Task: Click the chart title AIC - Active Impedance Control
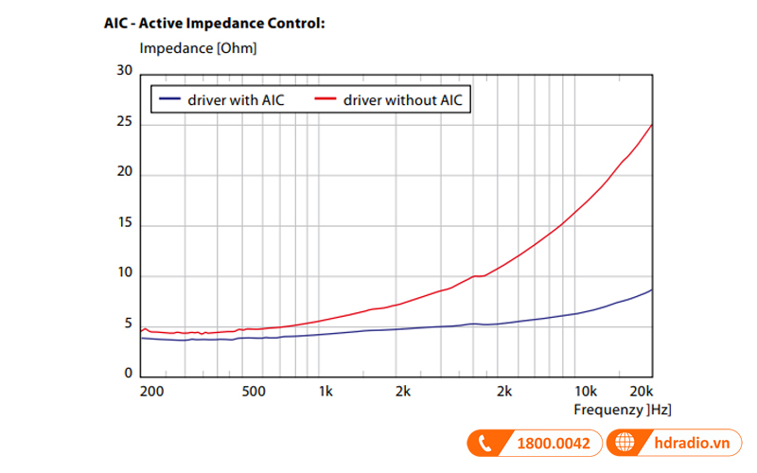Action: [x=214, y=23]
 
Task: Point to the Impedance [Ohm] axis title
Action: [x=198, y=47]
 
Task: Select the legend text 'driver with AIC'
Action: [x=236, y=99]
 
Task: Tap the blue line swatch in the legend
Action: [x=170, y=99]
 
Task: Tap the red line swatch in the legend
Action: [x=326, y=99]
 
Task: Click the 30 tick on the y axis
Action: [x=124, y=71]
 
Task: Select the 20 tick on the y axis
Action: [x=124, y=175]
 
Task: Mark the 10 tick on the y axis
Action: [x=124, y=275]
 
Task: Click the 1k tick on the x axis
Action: [x=326, y=392]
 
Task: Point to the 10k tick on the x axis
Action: [x=586, y=392]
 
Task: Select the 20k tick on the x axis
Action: [x=642, y=392]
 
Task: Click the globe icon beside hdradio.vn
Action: [x=625, y=443]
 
